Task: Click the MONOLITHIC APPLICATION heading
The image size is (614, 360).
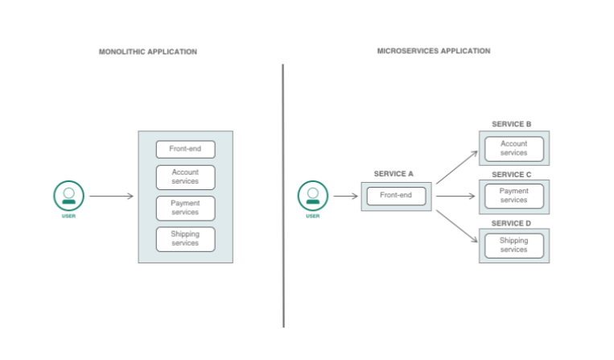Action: point(147,52)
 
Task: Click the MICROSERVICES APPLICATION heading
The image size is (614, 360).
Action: point(433,51)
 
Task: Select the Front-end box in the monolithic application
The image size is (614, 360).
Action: point(185,149)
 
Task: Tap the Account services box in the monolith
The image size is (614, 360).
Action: point(185,176)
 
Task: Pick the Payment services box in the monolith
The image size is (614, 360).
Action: point(185,208)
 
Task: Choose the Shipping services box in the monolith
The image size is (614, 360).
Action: point(185,238)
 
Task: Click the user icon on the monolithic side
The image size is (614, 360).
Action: point(69,196)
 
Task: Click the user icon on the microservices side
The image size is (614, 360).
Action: point(313,196)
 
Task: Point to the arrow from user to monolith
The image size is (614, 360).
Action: point(111,196)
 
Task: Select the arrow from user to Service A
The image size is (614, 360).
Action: point(345,196)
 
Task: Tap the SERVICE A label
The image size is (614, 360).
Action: point(394,174)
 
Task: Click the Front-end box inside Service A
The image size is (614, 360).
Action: point(396,196)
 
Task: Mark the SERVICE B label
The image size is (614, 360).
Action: point(511,124)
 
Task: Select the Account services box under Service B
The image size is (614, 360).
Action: point(513,149)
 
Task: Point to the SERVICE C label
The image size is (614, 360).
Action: point(511,174)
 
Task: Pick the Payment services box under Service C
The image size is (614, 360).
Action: point(513,196)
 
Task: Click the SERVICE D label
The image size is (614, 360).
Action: point(511,222)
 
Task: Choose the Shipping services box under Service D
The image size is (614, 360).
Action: point(513,246)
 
